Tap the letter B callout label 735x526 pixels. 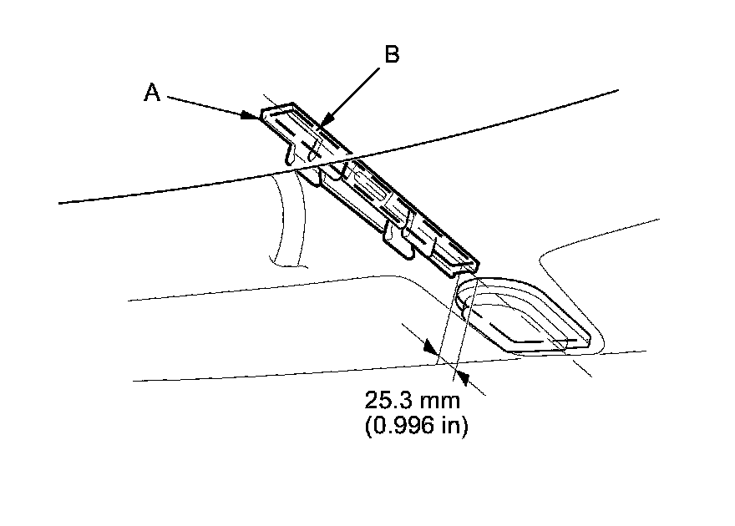[391, 55]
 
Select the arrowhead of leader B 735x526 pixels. [321, 127]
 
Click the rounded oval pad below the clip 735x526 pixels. [522, 315]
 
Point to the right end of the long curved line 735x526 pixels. [616, 89]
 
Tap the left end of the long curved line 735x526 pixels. [61, 202]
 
